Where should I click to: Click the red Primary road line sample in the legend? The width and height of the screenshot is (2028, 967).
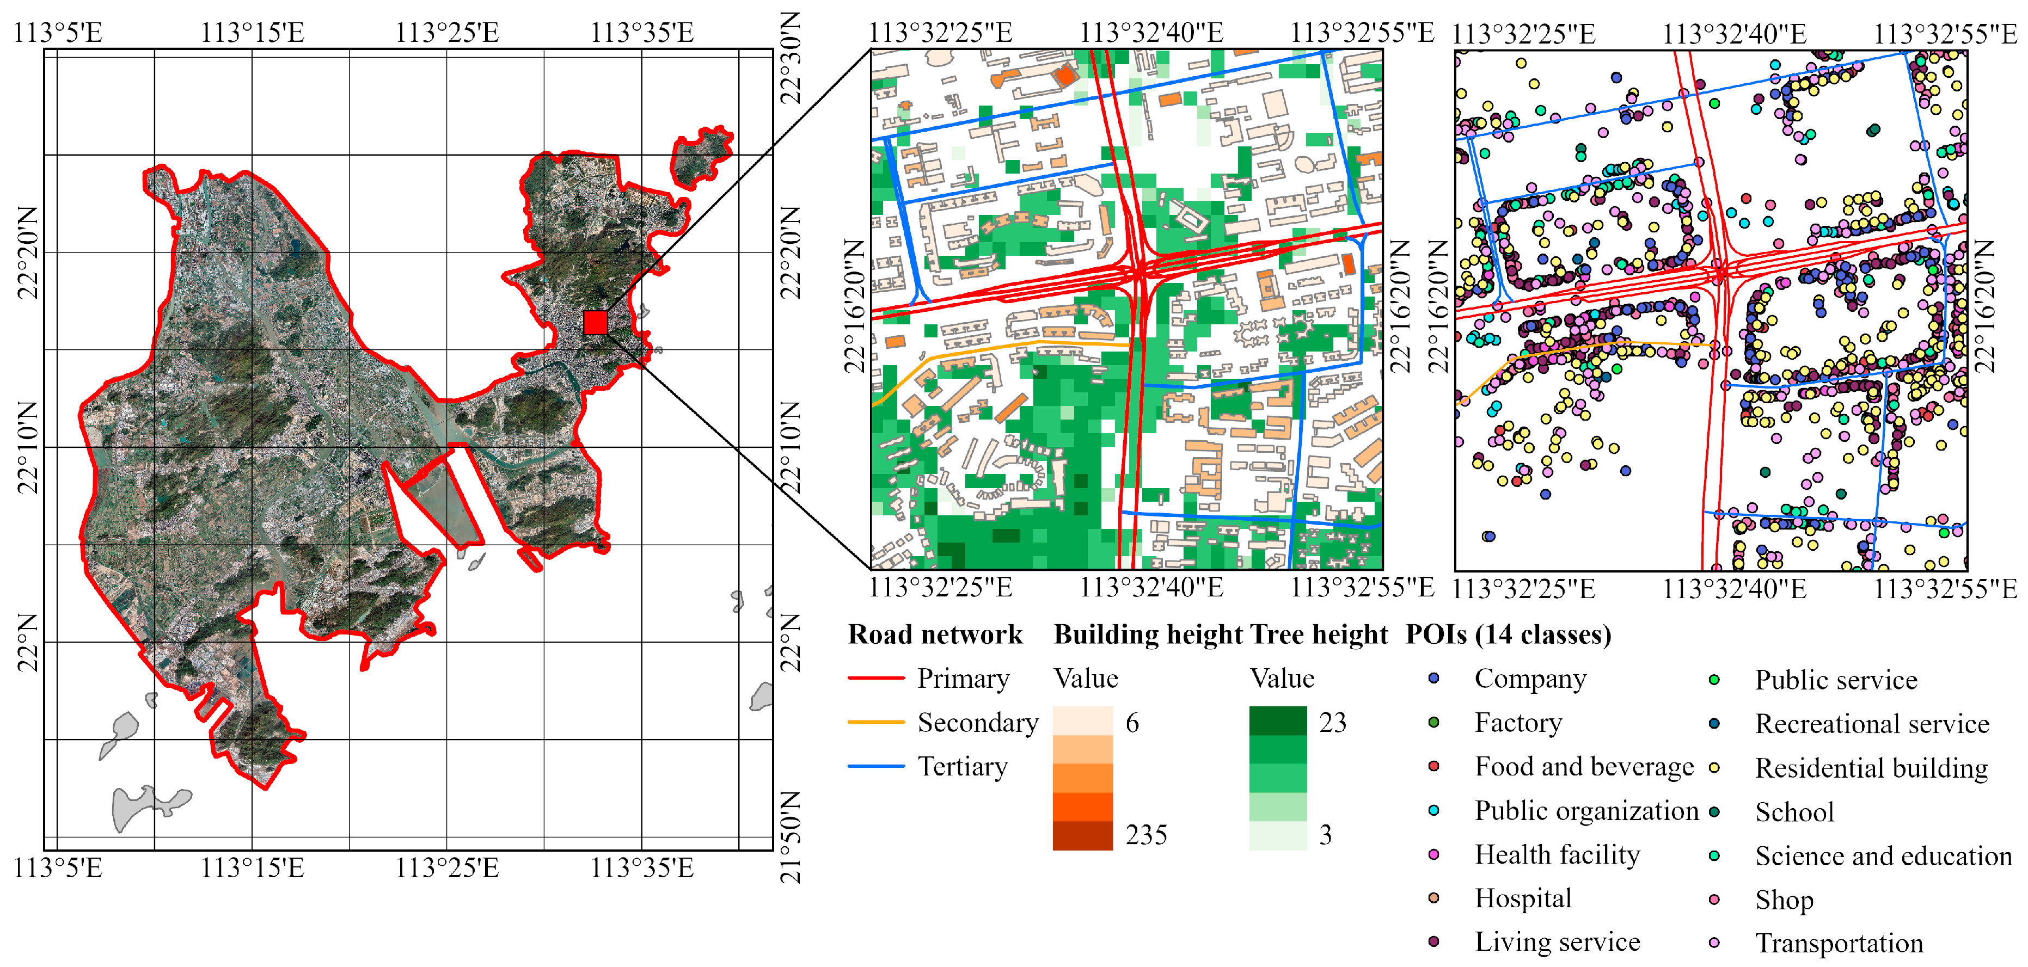pyautogui.click(x=875, y=677)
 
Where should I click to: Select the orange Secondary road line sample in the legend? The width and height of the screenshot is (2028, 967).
pyautogui.click(x=875, y=722)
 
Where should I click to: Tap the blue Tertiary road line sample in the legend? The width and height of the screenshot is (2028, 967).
pyautogui.click(x=875, y=766)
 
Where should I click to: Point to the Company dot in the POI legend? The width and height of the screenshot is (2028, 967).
pyautogui.click(x=1433, y=677)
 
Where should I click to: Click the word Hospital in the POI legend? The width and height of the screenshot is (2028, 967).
pyautogui.click(x=1523, y=898)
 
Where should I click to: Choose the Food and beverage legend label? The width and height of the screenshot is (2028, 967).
pyautogui.click(x=1584, y=766)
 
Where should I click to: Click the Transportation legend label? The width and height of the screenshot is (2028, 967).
pyautogui.click(x=1839, y=943)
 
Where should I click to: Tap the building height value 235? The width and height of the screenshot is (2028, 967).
pyautogui.click(x=1146, y=834)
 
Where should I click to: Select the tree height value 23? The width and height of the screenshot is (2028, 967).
pyautogui.click(x=1333, y=722)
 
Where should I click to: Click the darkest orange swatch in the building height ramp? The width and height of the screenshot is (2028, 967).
pyautogui.click(x=1082, y=835)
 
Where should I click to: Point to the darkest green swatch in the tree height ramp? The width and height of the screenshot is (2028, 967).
pyautogui.click(x=1278, y=720)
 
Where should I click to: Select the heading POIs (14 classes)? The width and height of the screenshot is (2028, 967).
pyautogui.click(x=1509, y=634)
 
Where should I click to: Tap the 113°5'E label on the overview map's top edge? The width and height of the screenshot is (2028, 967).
pyautogui.click(x=58, y=33)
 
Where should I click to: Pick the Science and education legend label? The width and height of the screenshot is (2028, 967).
pyautogui.click(x=1883, y=855)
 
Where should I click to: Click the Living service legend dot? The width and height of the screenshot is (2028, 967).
pyautogui.click(x=1433, y=941)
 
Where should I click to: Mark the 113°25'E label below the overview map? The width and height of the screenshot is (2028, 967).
pyautogui.click(x=446, y=868)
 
